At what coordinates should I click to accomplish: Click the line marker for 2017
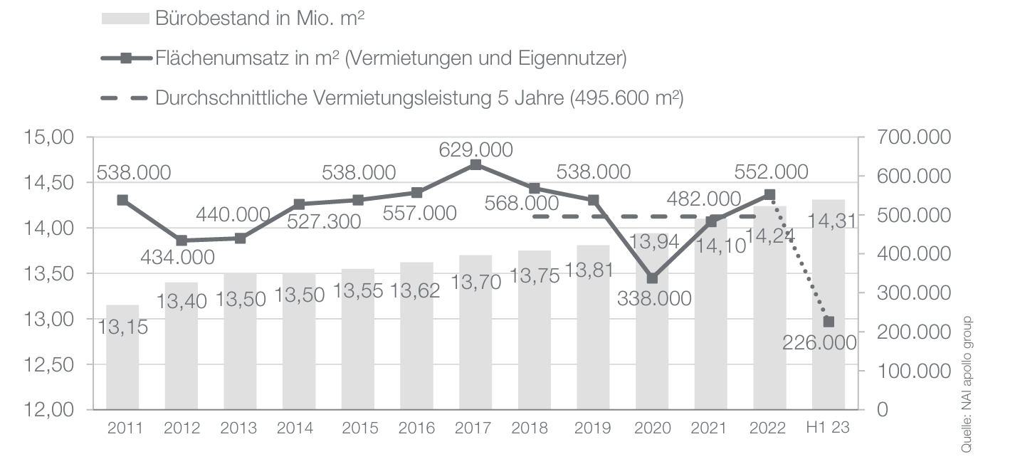click(476, 164)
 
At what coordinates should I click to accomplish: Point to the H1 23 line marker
click(829, 322)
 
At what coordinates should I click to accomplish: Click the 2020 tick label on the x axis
click(653, 428)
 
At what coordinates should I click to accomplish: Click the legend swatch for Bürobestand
click(125, 19)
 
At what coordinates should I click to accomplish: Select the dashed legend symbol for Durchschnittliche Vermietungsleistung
click(125, 98)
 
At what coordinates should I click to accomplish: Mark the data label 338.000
click(653, 298)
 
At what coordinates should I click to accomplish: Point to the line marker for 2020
click(653, 278)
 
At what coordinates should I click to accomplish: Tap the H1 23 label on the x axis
click(829, 428)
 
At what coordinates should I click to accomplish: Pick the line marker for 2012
click(182, 241)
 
